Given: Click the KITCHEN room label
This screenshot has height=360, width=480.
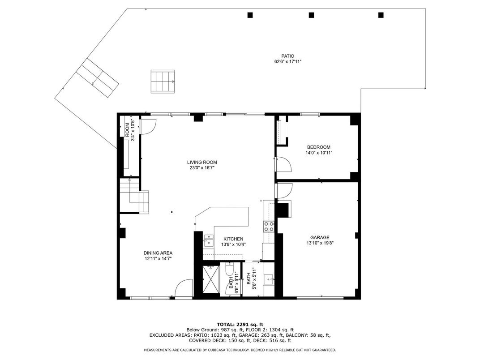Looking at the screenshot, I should [x=233, y=239].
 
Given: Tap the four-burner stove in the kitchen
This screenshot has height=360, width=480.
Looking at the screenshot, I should [x=269, y=226].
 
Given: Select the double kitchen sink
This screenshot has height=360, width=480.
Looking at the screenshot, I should [x=208, y=240].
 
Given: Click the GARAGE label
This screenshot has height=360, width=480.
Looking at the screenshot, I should [x=320, y=237].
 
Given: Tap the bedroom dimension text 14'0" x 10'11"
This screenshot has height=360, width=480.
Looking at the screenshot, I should [x=319, y=153].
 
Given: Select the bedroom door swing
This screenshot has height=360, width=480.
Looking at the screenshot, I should [x=283, y=164].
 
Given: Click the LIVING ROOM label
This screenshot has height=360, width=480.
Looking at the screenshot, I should [x=202, y=162].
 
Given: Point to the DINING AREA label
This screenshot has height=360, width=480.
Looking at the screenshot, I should [x=158, y=253].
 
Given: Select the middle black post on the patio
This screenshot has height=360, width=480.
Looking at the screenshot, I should [x=311, y=15].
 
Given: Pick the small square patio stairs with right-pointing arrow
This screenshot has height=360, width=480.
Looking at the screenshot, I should [x=163, y=81].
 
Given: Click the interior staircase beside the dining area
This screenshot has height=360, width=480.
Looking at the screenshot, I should [x=133, y=195].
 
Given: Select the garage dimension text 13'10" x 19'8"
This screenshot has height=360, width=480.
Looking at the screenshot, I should [x=320, y=243].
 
